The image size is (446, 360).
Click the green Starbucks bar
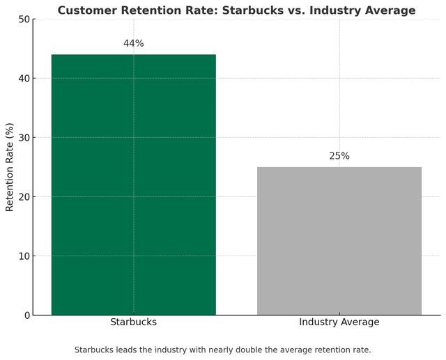tap(134, 185)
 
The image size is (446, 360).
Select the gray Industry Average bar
tap(339, 241)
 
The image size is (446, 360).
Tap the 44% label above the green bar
tap(134, 43)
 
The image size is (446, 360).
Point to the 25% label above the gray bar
tap(339, 156)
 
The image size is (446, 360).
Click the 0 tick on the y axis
tap(26, 315)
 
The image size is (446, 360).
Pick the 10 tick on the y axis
tap(24, 256)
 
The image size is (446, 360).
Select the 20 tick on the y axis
tap(24, 197)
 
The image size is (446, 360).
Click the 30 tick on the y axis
tap(24, 138)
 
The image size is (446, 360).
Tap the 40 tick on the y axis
tap(24, 79)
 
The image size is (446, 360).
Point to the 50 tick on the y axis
tap(24, 19)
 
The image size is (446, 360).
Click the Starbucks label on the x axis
tap(134, 322)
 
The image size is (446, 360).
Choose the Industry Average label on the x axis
tap(339, 322)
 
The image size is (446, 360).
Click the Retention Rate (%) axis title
tap(10, 167)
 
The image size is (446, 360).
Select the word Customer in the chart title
tap(88, 10)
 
